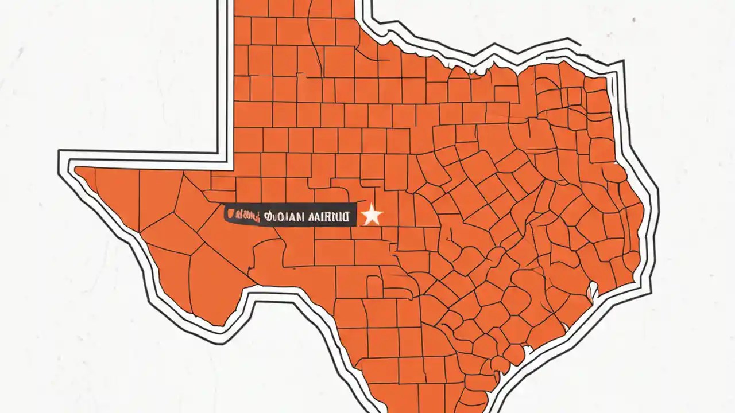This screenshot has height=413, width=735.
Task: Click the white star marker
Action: click(x=372, y=215)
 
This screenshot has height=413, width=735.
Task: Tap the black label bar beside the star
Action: click(x=290, y=216)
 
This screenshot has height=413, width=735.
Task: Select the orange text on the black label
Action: click(x=243, y=216)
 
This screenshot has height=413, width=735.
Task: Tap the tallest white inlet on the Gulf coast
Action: click(x=591, y=293)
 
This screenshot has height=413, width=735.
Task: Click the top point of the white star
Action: click(x=372, y=205)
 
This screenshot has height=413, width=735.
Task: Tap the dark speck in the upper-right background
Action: click(x=634, y=21)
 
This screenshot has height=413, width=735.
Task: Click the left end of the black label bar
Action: click(x=226, y=216)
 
